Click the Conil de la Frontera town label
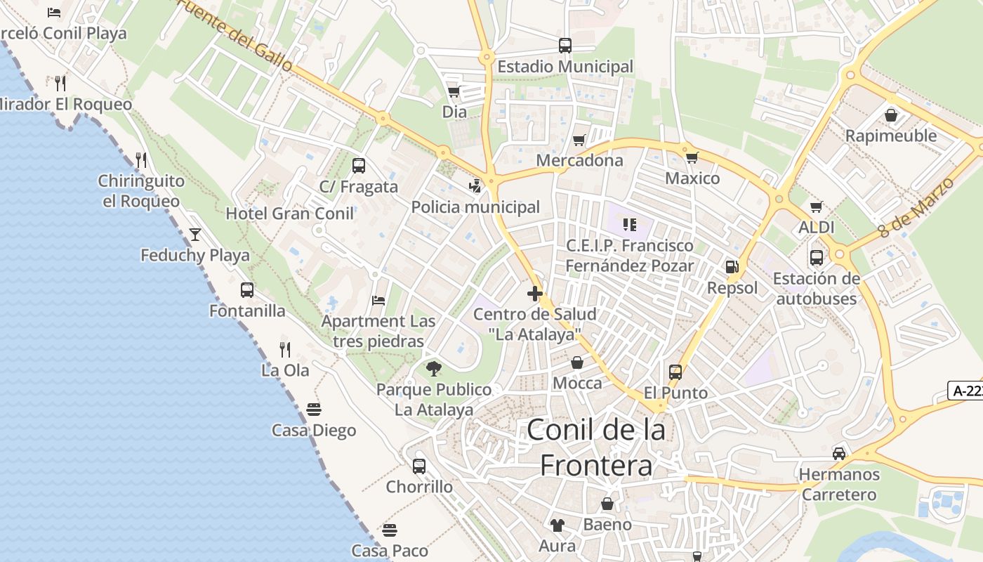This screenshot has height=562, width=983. coord(596,447)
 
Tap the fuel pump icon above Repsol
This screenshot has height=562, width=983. coord(732,267)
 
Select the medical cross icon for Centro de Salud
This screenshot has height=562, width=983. coord(535,293)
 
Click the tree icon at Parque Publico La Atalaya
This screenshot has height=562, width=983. coord(434,368)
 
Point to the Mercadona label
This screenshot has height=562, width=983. coord(579,160)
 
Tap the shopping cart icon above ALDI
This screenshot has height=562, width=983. coord(816,207)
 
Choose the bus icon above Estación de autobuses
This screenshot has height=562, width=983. coord(816,258)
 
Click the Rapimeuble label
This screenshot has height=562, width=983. coord(891,136)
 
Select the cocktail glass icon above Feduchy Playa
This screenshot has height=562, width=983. coord(195,234)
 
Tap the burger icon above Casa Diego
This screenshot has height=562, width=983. coord(314,409)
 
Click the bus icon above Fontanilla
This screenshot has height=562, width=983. coord(247,289)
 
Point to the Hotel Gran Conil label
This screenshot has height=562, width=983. coord(289,214)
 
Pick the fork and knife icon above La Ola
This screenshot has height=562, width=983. coord(285,349)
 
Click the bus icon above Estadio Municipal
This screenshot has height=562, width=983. coord(565,46)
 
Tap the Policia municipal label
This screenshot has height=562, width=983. coord(475,207)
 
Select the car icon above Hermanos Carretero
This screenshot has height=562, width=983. coord(839,453)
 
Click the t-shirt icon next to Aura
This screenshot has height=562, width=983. coord(558,525)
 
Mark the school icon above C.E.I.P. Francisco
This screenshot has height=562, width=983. coord(629,225)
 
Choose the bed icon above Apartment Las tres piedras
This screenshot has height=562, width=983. coord(378,301)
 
